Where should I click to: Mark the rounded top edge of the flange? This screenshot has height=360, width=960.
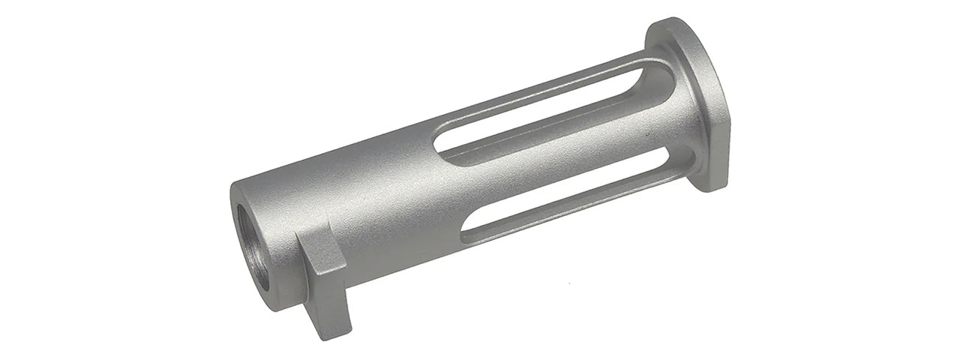[671, 26]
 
